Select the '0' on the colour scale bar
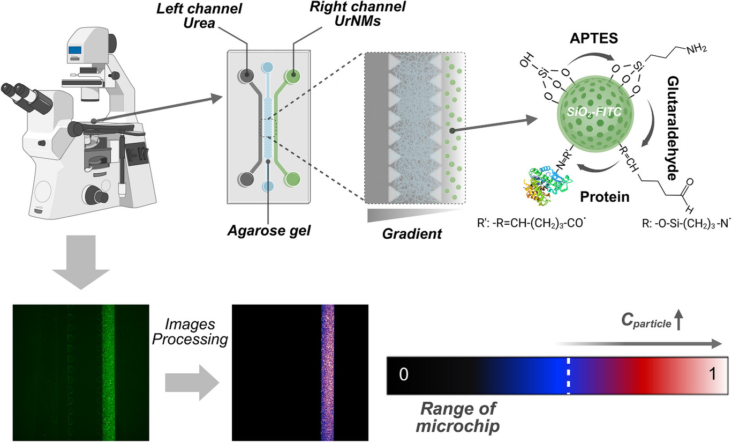(404, 375)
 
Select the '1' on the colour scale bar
(712, 375)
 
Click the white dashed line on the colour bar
(568, 375)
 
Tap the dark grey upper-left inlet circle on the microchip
(247, 76)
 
